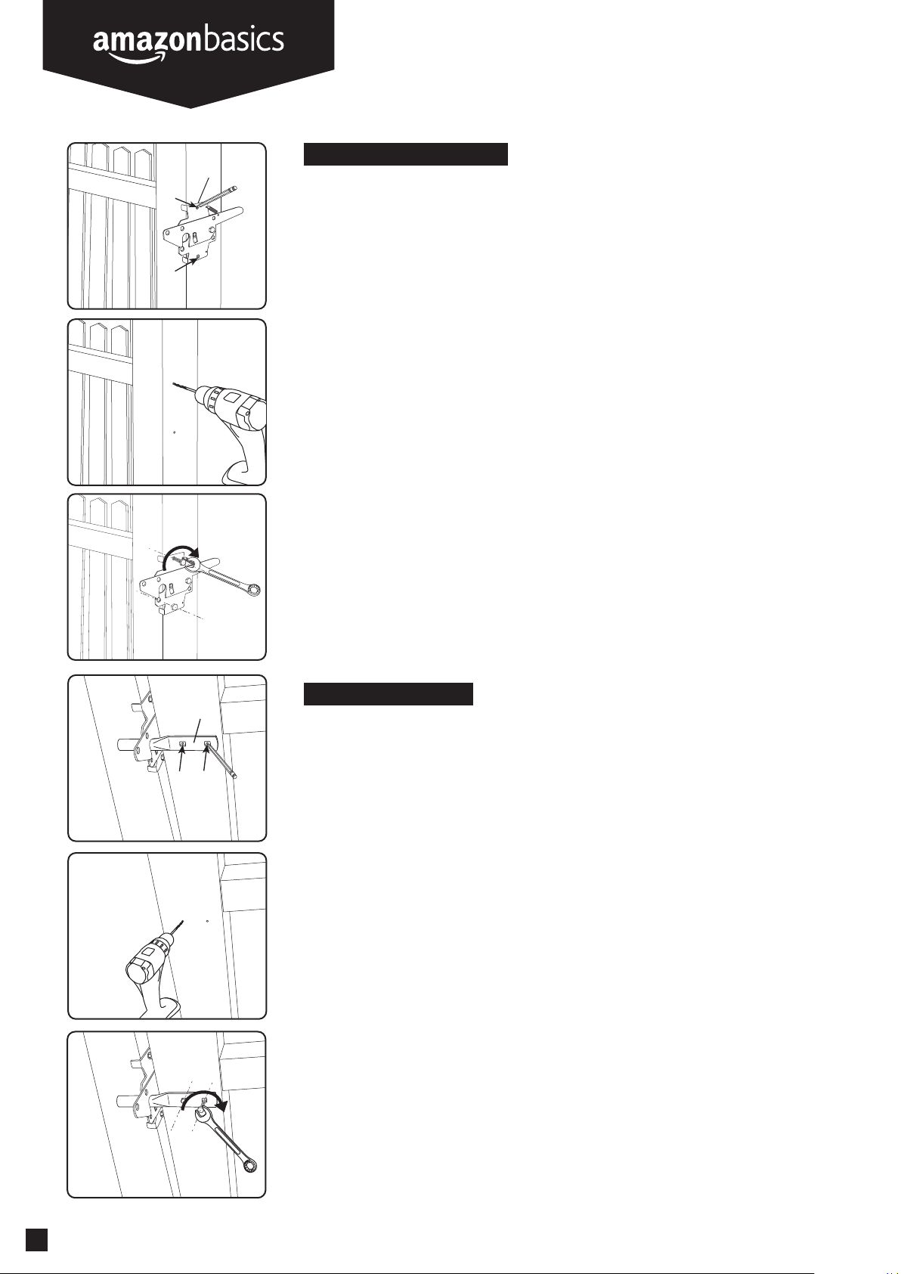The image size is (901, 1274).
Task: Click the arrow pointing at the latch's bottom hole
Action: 186,265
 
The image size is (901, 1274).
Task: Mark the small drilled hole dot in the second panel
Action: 175,432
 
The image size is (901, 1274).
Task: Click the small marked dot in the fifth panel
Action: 207,920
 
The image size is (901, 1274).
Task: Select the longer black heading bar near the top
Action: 405,154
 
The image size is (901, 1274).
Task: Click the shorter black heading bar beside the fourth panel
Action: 389,694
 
